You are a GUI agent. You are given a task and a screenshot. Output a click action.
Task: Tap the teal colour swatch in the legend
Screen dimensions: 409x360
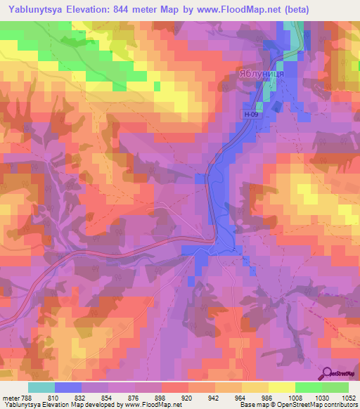[x=41, y=387]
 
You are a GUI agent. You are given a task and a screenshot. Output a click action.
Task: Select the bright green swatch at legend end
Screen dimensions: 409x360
[x=335, y=387]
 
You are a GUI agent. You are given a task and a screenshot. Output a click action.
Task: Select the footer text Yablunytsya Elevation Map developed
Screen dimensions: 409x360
[x=56, y=405]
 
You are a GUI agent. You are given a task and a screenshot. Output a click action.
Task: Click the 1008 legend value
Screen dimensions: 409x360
[x=295, y=397]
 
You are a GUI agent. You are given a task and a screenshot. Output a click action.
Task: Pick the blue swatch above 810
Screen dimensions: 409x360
[x=67, y=387]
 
